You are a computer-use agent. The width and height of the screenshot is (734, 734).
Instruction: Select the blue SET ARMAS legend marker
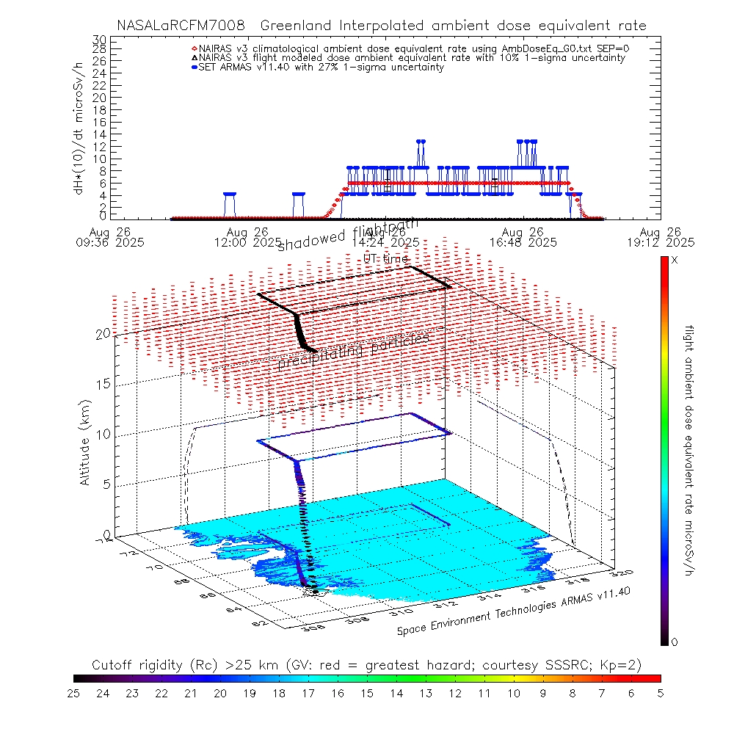194,67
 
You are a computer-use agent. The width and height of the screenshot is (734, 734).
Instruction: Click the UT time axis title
386,258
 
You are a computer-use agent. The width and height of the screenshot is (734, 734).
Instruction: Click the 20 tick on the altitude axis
103,334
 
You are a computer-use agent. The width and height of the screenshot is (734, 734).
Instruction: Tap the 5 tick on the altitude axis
107,484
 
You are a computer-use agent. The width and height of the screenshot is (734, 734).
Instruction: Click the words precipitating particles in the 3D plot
353,350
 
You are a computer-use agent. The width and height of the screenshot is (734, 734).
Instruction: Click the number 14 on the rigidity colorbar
396,692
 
